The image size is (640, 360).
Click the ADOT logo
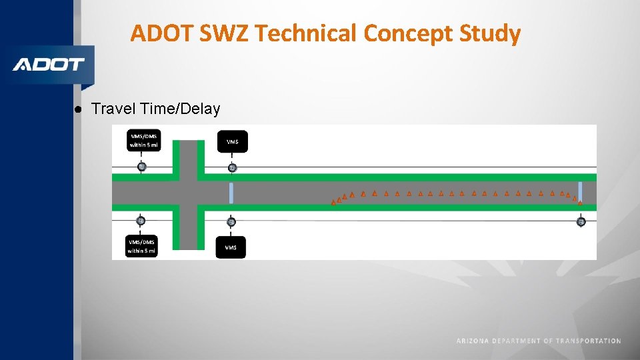[x=49, y=65]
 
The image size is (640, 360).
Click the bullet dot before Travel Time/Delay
[x=78, y=109]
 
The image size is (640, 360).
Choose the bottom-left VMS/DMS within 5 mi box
[x=141, y=246]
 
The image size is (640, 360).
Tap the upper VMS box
[x=232, y=141]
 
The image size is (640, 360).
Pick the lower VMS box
[x=231, y=247]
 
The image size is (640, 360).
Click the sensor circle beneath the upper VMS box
[x=232, y=167]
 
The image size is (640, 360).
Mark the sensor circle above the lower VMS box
[x=231, y=221]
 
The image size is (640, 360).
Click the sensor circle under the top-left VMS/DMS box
[x=141, y=167]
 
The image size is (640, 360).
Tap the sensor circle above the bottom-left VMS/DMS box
[x=140, y=221]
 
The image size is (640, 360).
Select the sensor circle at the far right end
[x=581, y=221]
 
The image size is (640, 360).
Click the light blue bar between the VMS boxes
[x=231, y=193]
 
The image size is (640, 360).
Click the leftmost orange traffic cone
[x=333, y=203]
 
